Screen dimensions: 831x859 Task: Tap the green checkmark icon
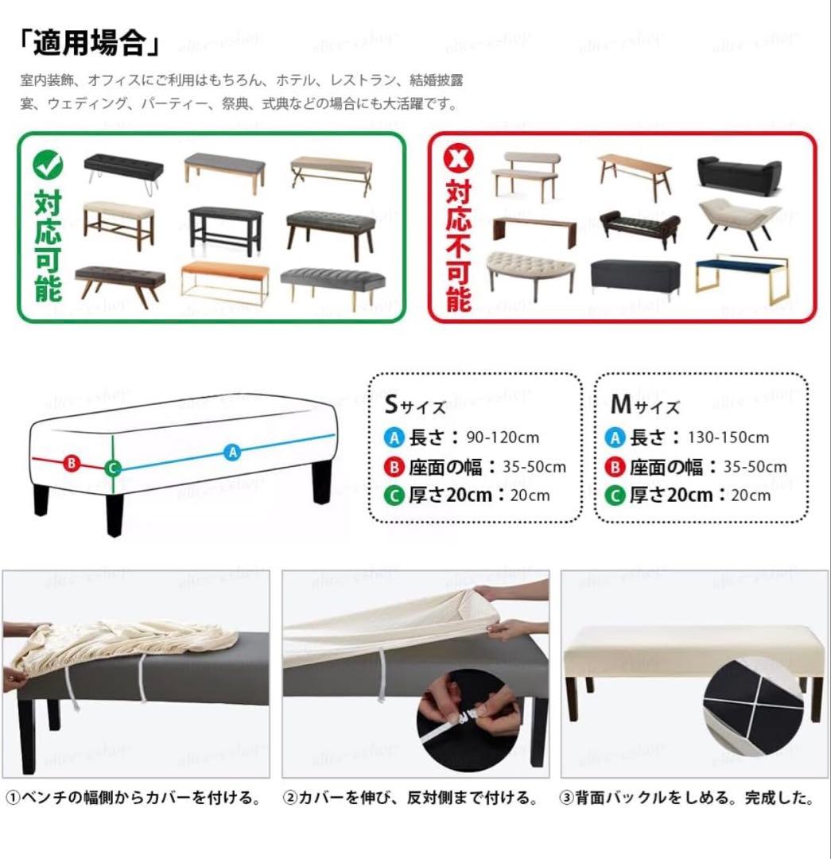point(48,164)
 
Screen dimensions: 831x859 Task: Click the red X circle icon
point(458,157)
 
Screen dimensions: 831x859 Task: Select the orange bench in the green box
point(224,282)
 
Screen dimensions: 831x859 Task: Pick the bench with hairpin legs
point(123,173)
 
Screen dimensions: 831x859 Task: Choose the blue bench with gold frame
point(742,278)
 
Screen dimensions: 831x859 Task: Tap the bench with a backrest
point(524,175)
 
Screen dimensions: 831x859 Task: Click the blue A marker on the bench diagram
point(233,453)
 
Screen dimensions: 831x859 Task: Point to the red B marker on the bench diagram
point(72,463)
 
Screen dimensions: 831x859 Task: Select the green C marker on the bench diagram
point(113,468)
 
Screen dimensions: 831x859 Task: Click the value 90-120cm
point(503,437)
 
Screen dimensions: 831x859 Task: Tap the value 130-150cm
point(728,437)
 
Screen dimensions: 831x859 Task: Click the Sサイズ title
point(415,405)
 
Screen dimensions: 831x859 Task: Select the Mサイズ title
point(645,405)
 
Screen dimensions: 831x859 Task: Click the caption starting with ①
point(134,798)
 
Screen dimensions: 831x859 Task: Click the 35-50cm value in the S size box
point(534,467)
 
